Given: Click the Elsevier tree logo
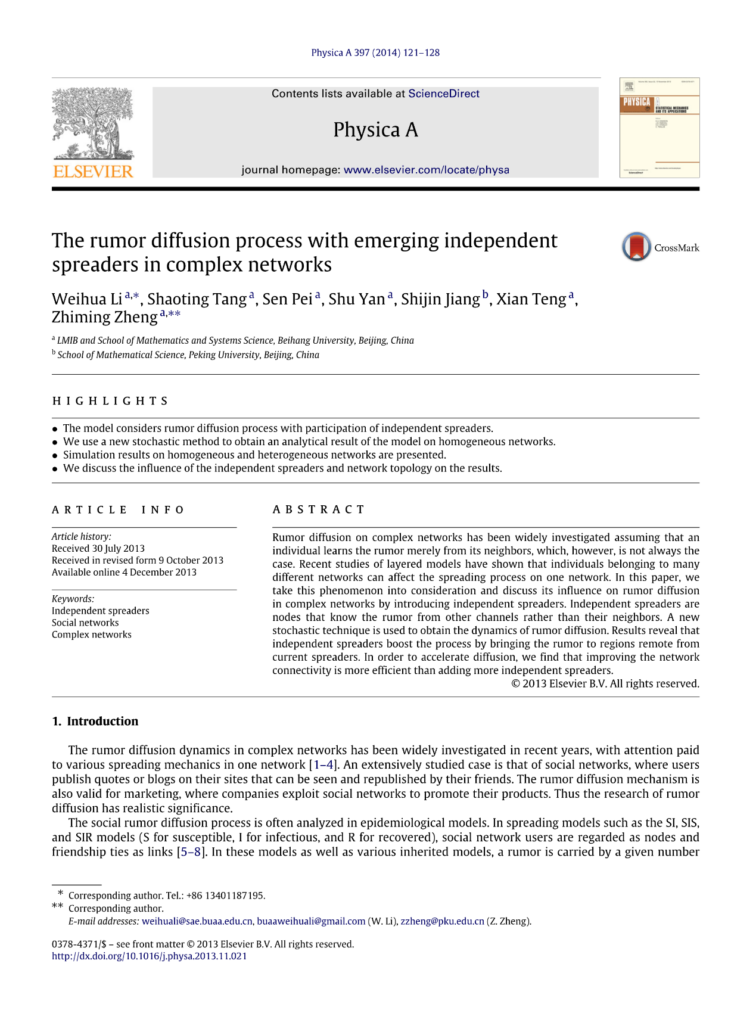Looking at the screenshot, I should [93, 132].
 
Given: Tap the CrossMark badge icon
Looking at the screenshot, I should [636, 247].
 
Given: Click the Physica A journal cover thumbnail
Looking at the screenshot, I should [659, 128].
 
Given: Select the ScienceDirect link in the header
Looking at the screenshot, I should [443, 94].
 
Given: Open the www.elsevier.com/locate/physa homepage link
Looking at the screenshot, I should [427, 170].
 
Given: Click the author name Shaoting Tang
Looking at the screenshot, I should [197, 299].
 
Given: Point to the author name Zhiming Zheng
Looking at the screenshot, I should [104, 317].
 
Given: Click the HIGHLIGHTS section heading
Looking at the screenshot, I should [110, 401].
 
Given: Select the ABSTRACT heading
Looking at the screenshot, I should [318, 509].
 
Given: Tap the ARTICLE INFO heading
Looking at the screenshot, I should [118, 509].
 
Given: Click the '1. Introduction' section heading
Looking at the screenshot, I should [95, 721].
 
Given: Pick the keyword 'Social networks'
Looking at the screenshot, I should [85, 623].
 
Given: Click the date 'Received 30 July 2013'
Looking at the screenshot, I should [98, 548].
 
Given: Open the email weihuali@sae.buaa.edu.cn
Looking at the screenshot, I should [197, 921].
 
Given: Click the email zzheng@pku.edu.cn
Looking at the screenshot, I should [442, 921].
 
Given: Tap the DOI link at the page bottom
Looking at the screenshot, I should [149, 956].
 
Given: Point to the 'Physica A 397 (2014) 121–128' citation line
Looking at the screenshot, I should [375, 52].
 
